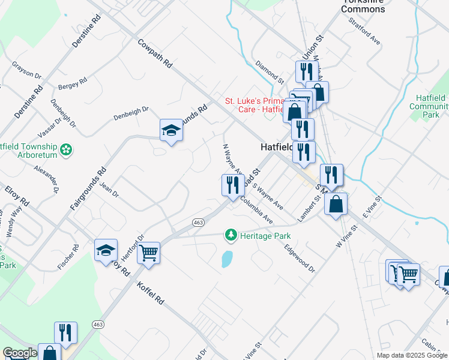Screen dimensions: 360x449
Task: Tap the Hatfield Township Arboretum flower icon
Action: click(67, 149)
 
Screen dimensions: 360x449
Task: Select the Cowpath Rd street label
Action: click(155, 53)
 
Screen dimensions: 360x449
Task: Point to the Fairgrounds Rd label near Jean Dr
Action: click(88, 188)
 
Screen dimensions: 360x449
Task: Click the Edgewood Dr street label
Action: click(300, 257)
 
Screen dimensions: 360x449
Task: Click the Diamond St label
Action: click(268, 71)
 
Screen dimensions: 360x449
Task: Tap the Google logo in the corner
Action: click(19, 353)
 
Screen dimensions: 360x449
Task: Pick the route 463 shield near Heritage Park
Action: click(198, 223)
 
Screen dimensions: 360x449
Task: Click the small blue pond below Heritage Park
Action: click(227, 259)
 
